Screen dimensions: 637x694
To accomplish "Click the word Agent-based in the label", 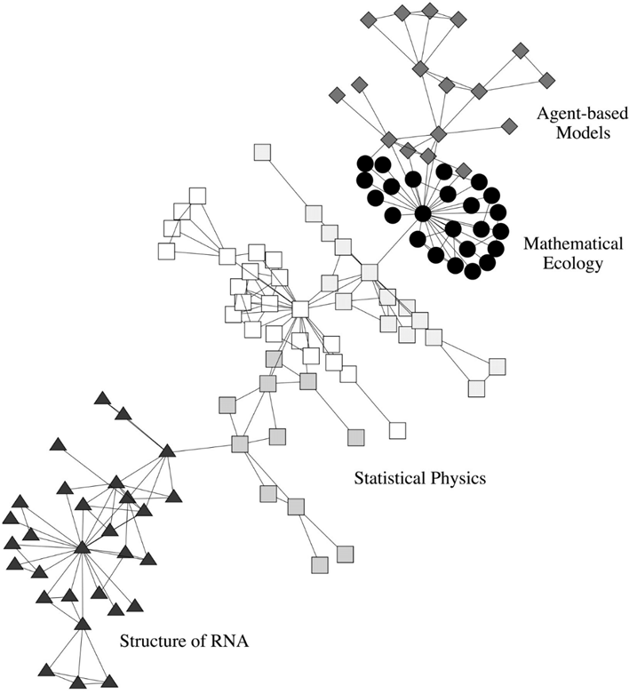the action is click(582, 114).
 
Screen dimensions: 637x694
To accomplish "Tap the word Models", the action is click(583, 132).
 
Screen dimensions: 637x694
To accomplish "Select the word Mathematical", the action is click(573, 243).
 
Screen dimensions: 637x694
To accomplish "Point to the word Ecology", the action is click(573, 263).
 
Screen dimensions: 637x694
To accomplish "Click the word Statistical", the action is click(390, 478).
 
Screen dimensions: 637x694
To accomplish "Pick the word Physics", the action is click(458, 478).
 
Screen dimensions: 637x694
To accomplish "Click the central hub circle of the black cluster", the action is click(423, 214).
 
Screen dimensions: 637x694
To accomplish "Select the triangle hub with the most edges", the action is click(83, 548).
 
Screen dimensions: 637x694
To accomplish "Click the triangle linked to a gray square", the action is click(167, 451).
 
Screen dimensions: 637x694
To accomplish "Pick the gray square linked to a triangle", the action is click(240, 444).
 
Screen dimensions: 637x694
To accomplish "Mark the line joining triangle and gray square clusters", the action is click(203, 448).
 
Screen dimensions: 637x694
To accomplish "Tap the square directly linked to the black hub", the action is click(370, 272).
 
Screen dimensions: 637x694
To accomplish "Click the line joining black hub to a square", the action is click(396, 243).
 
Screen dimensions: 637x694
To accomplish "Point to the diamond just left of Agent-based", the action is click(510, 125).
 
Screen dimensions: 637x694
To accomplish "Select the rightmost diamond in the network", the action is click(547, 81).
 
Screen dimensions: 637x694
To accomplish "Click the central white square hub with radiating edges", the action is click(300, 309).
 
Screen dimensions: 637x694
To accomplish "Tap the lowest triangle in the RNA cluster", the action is click(78, 683).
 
